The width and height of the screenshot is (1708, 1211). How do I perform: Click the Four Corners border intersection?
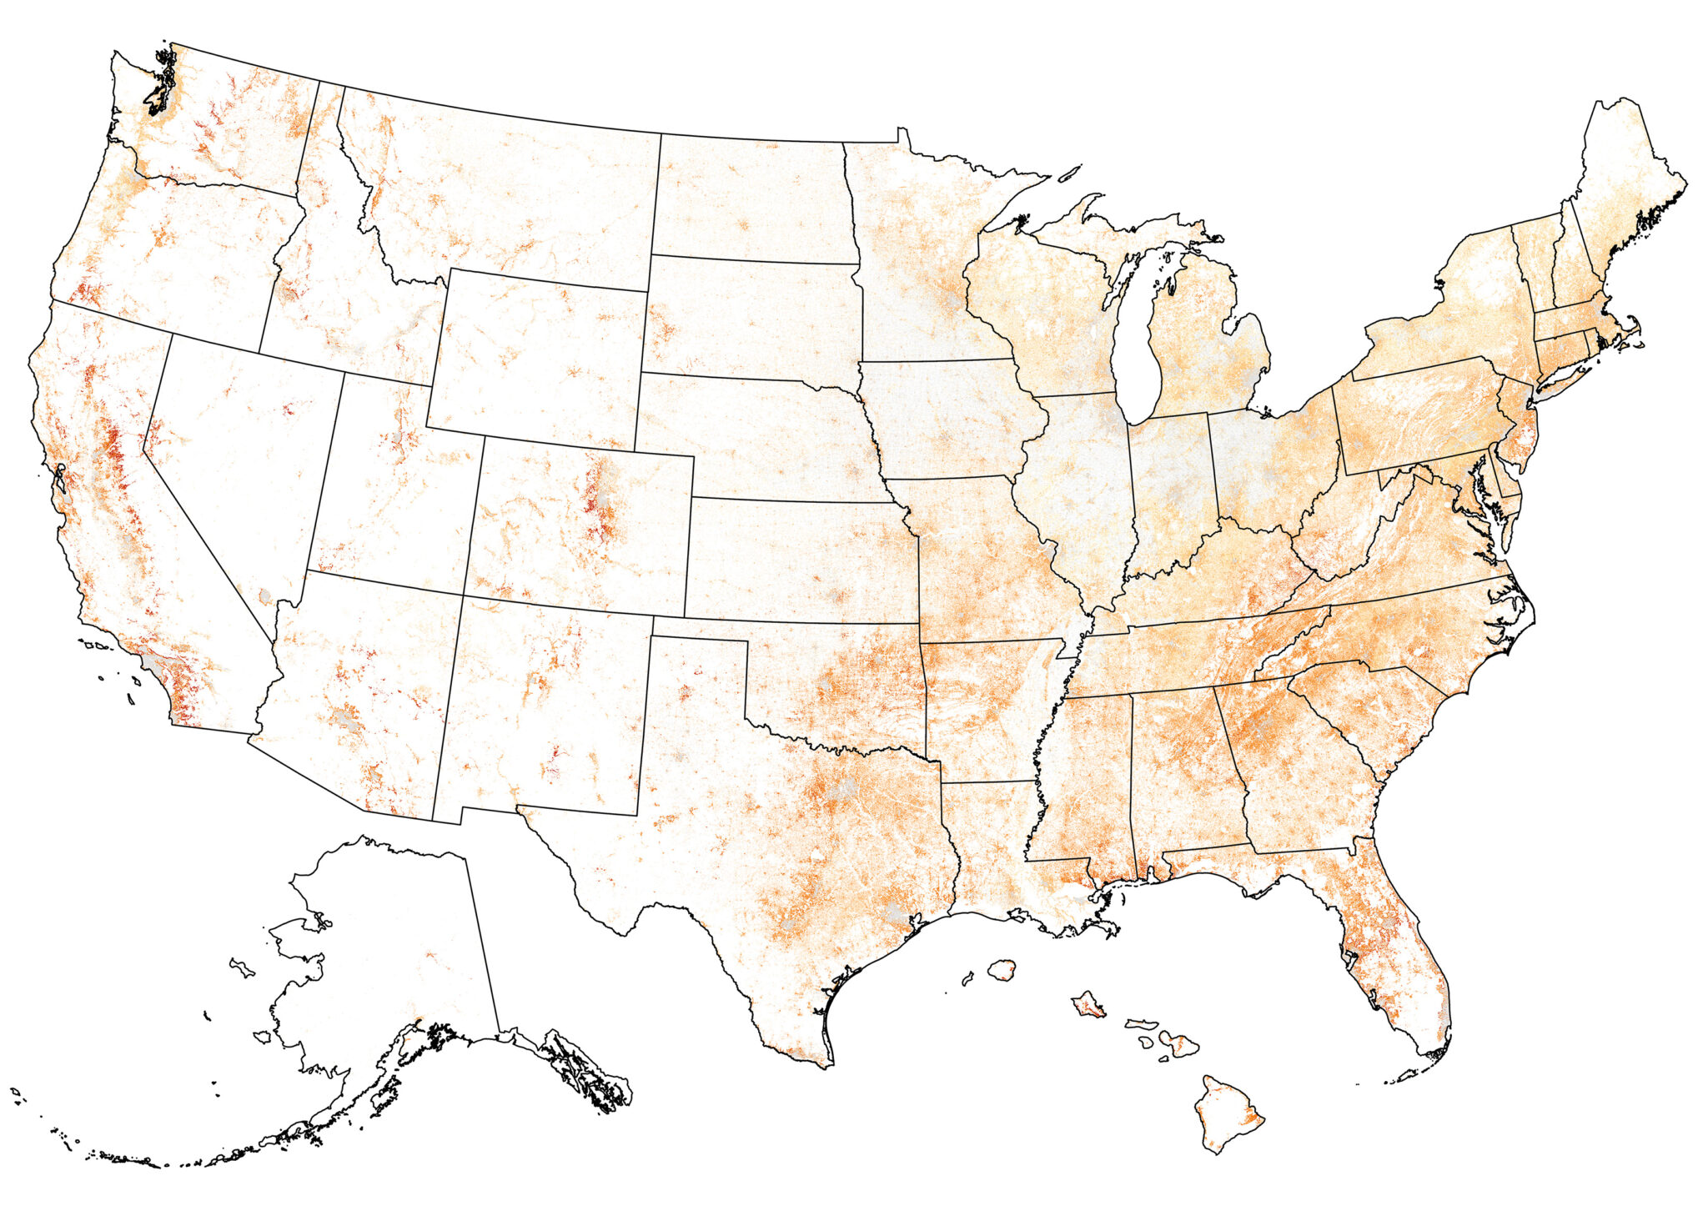pyautogui.click(x=464, y=595)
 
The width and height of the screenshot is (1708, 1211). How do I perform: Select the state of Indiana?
pyautogui.click(x=1172, y=492)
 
